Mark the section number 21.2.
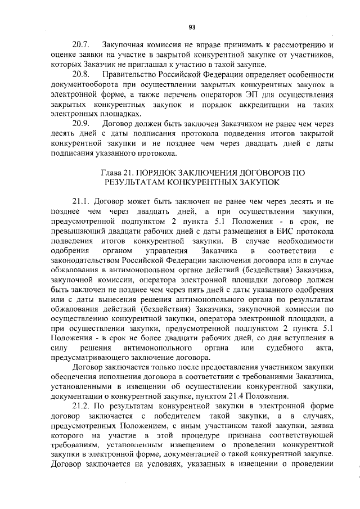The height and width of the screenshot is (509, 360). click(82, 406)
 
